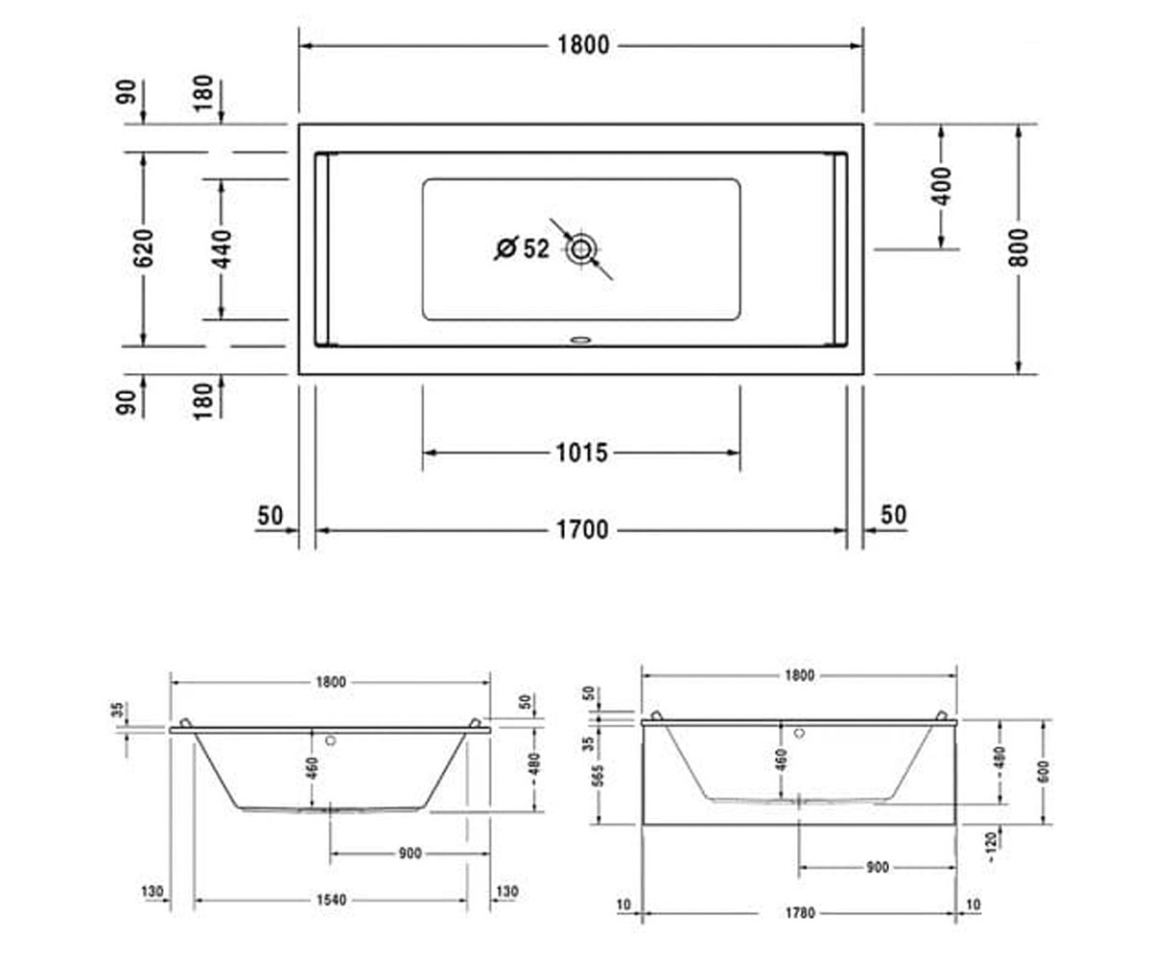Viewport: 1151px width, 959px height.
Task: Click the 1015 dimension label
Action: (581, 453)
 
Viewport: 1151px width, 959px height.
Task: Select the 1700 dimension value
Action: (582, 530)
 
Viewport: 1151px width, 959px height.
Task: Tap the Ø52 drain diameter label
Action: (522, 248)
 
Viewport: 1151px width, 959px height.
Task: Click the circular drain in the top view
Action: (580, 249)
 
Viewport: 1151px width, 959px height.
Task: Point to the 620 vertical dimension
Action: (143, 248)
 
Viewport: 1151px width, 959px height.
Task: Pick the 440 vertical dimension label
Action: (222, 249)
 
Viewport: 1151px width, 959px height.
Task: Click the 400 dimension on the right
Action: (942, 186)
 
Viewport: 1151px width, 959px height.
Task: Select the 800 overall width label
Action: (1019, 247)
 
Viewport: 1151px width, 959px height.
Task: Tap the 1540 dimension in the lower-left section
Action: (331, 901)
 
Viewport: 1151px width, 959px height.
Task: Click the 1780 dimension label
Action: (800, 913)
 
